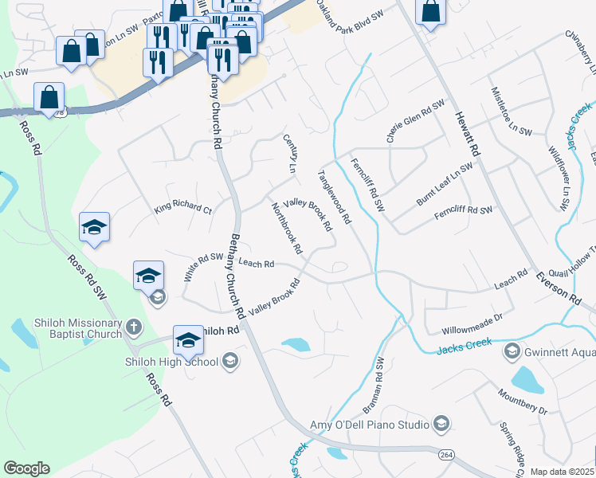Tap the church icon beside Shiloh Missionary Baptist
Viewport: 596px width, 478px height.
tap(134, 327)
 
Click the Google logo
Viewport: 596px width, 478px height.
tap(26, 468)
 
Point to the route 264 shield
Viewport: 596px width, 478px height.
tap(447, 454)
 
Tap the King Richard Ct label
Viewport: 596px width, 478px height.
tap(183, 210)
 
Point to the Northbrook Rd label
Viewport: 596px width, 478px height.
tap(287, 228)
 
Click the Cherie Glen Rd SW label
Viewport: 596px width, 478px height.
tap(415, 121)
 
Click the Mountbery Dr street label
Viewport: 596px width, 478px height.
tap(522, 401)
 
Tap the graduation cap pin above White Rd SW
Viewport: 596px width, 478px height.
tap(94, 229)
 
